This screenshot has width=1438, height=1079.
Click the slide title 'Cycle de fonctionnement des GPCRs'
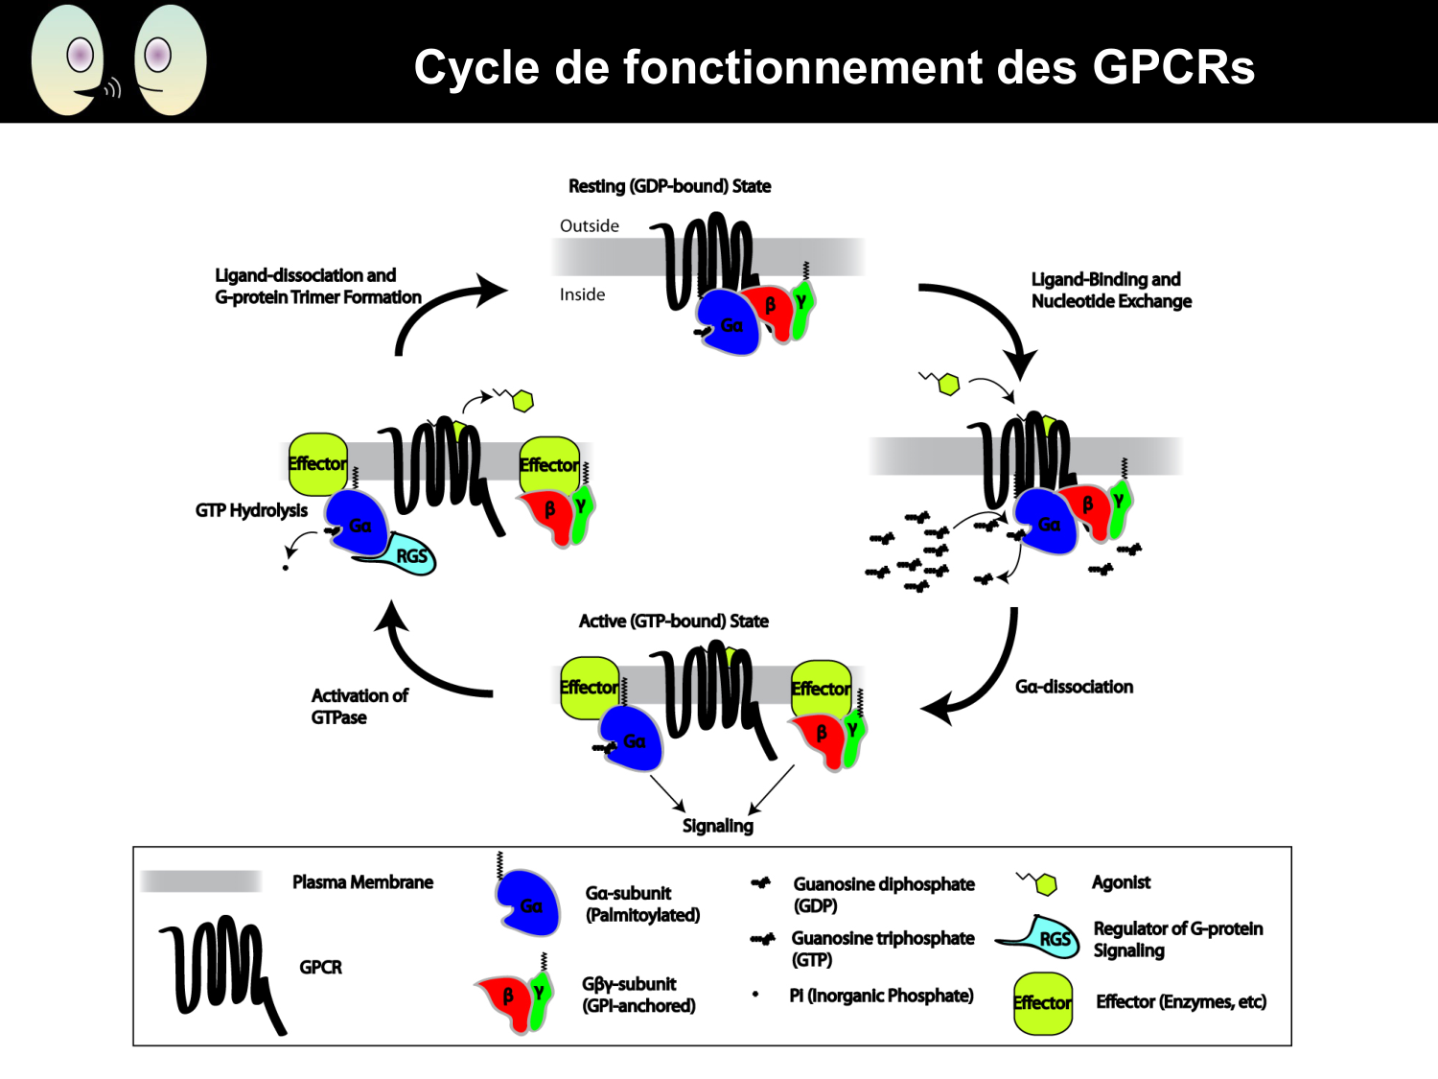834,67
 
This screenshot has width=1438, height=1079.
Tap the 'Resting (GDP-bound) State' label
669,186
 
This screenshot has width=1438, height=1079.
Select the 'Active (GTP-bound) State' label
673,622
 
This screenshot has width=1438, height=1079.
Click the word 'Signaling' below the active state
717,826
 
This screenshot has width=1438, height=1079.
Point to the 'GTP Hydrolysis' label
251,510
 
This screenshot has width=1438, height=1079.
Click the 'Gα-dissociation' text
1074,687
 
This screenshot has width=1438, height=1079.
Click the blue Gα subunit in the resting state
727,324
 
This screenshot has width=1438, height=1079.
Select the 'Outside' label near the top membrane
589,225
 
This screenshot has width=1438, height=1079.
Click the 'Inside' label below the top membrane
582,294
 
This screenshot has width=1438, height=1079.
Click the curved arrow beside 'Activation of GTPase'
422,662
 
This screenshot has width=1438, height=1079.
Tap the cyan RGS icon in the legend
1045,935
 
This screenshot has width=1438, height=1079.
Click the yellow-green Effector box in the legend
1043,1003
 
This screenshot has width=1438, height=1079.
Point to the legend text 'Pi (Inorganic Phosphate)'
881,996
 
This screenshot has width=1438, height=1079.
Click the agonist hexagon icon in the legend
1043,883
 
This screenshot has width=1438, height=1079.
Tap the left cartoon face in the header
69,60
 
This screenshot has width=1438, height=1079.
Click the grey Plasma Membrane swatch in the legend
201,881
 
